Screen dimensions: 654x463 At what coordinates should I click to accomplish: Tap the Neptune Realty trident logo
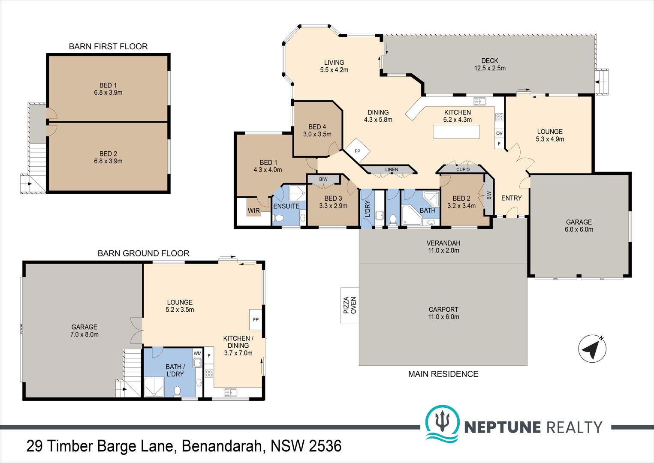442,424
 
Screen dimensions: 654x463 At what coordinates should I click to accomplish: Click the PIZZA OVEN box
350,305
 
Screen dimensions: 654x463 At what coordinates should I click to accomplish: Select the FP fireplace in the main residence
357,150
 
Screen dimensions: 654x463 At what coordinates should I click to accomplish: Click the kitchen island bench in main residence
456,132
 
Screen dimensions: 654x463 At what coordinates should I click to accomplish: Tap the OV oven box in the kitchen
499,133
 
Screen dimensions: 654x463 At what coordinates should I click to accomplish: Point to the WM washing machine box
198,353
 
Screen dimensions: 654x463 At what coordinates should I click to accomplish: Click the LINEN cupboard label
392,169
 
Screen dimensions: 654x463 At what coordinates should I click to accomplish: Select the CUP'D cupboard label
463,169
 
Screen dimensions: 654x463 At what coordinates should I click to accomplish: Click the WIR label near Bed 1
254,210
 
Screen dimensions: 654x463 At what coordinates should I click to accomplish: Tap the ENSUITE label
286,206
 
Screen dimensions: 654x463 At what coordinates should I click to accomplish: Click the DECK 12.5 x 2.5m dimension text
490,68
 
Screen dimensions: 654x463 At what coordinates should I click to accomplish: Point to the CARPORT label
443,310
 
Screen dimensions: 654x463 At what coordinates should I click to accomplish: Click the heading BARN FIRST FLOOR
108,46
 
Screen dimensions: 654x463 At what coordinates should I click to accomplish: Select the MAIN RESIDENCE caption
443,374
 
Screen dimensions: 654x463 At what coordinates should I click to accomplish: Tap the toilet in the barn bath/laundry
177,391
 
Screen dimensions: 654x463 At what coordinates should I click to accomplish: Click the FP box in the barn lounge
256,319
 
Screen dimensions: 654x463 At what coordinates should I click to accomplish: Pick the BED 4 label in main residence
317,127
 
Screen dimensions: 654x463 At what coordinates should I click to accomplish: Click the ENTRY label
512,198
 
